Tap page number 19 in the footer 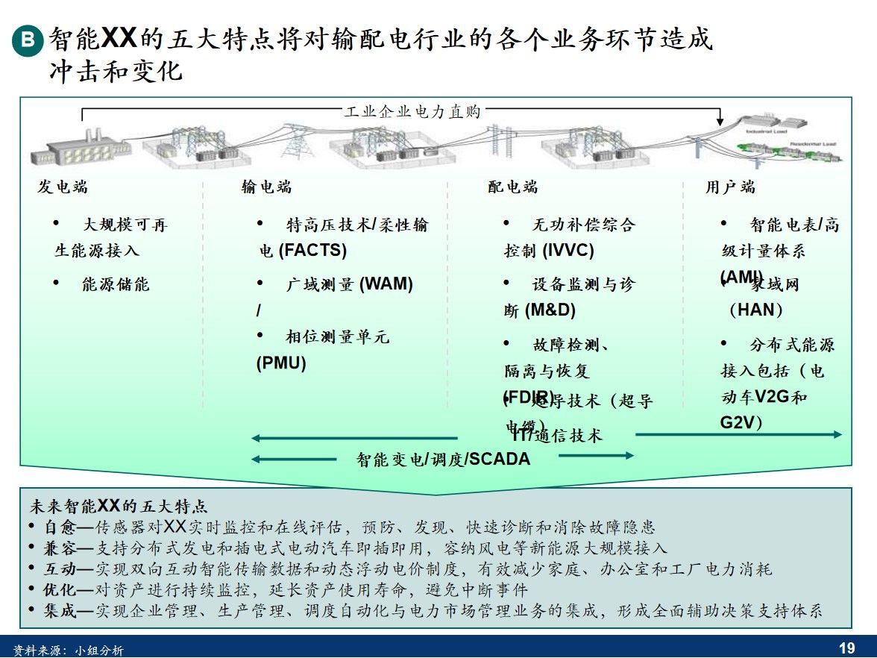pyautogui.click(x=847, y=648)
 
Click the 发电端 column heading pyautogui.click(x=63, y=187)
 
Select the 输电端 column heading pyautogui.click(x=266, y=187)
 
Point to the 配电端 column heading pyautogui.click(x=513, y=187)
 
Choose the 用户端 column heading pyautogui.click(x=731, y=187)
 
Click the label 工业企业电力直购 pyautogui.click(x=412, y=113)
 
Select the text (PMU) pyautogui.click(x=281, y=363)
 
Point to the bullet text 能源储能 pyautogui.click(x=116, y=284)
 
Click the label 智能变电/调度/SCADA pyautogui.click(x=443, y=460)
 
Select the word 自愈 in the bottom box pyautogui.click(x=60, y=527)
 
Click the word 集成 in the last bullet pyautogui.click(x=60, y=611)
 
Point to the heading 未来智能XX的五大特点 pyautogui.click(x=118, y=507)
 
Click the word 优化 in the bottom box pyautogui.click(x=60, y=590)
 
